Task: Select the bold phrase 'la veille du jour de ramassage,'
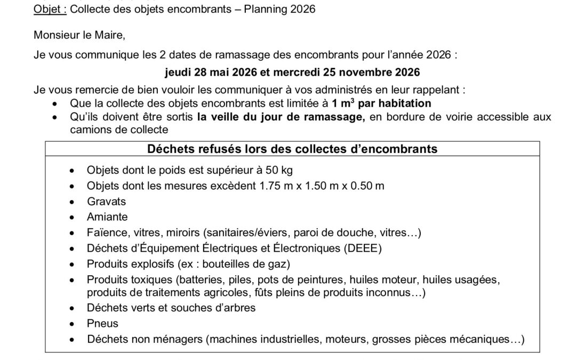tap(281, 117)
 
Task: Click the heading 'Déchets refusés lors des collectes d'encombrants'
tap(292, 149)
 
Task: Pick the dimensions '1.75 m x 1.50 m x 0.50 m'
tap(322, 186)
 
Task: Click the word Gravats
tap(107, 202)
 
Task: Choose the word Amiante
tap(107, 217)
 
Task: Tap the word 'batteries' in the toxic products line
tap(204, 280)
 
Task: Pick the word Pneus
tap(102, 323)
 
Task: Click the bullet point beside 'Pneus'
tap(73, 324)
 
